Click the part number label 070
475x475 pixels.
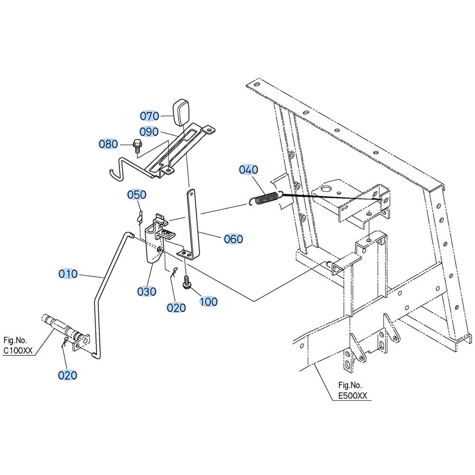point(149,116)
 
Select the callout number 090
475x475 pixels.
point(149,132)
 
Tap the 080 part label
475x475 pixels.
point(108,144)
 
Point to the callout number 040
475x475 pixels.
point(248,170)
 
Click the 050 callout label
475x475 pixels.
point(137,195)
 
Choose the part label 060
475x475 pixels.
point(234,239)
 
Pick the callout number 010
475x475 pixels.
point(68,274)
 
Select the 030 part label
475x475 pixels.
point(147,292)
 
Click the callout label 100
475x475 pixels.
point(209,302)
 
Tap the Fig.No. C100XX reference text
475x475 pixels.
point(18,345)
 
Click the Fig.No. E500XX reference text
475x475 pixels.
point(352,391)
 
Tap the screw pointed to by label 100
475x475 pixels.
point(186,281)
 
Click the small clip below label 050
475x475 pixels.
point(139,218)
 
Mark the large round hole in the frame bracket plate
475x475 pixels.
point(326,190)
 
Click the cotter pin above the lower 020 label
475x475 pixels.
point(65,342)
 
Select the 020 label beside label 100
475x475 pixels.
point(176,308)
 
